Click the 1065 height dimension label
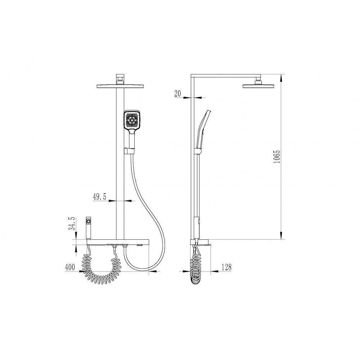[277, 157]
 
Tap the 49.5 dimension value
[99, 197]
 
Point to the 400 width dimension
[70, 267]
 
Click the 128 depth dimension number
[226, 267]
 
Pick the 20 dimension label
[178, 94]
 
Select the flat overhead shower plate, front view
[121, 86]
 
